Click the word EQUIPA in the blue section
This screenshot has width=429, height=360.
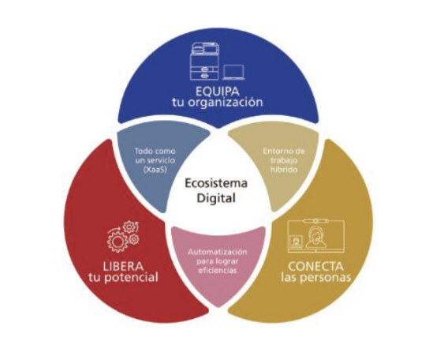[218, 92]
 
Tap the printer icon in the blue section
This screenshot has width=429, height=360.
[205, 61]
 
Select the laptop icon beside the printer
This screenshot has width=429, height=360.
[233, 73]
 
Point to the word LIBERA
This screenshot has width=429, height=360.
[123, 266]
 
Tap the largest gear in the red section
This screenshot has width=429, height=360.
[118, 242]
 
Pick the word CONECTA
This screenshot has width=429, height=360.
[315, 266]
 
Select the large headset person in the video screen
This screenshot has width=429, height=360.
[315, 238]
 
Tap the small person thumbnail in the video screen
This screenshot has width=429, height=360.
[295, 242]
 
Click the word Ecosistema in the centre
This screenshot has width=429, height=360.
[216, 183]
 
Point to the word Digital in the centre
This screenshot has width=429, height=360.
[216, 198]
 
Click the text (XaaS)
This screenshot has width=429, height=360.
[155, 170]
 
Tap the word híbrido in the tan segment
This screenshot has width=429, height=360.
[284, 169]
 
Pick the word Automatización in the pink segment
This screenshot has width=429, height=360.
[218, 252]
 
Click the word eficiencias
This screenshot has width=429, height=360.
[218, 271]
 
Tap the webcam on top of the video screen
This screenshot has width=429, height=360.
[315, 221]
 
